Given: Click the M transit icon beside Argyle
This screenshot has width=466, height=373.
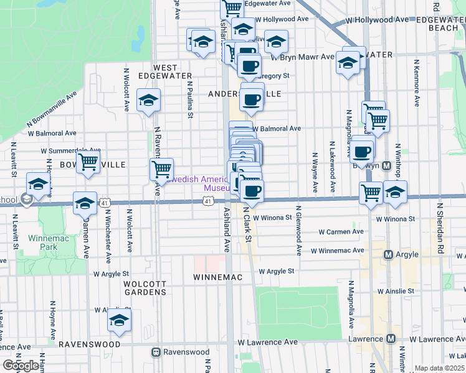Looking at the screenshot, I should pos(388,254).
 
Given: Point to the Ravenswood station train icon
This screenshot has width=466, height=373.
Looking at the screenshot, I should pos(156,352).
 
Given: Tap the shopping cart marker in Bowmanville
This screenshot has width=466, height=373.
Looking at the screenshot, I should pos(88,162).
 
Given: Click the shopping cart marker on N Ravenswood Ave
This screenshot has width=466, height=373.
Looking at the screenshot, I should pos(161,168).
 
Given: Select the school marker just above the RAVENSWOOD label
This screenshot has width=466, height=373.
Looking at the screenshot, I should pos(118,321).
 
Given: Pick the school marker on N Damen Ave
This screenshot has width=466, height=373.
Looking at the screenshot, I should pos(85,203).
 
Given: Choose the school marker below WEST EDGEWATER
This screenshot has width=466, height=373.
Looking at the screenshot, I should pos(149,101).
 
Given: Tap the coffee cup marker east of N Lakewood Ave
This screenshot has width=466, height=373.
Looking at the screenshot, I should pos(362,151).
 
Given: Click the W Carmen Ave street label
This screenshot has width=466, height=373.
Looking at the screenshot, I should pos(341,232).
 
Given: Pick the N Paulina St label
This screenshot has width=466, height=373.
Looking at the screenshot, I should pos(189,98).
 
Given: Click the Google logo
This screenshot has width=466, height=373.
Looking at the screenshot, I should pos(22,366).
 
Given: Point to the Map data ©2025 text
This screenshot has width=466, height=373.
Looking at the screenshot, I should pos(439,368).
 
